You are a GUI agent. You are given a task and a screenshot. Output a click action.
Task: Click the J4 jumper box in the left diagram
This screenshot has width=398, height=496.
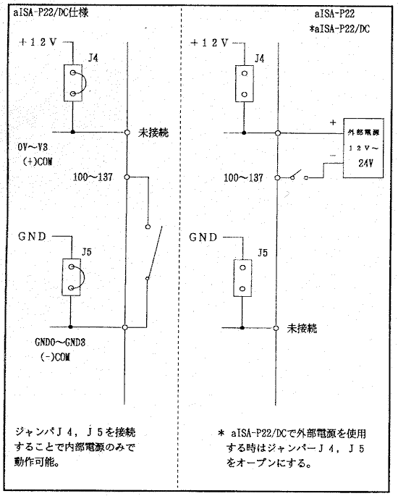(73, 83)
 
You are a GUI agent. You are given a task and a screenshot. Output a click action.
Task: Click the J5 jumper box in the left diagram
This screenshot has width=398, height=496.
(71, 277)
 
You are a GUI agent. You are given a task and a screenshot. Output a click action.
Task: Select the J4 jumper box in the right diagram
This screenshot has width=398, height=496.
(245, 83)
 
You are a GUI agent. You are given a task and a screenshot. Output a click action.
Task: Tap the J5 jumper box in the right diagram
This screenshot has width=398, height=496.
(242, 278)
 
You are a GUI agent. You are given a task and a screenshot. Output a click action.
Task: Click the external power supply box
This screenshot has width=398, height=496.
(363, 148)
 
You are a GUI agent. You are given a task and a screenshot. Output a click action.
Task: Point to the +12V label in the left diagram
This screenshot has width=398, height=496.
(38, 42)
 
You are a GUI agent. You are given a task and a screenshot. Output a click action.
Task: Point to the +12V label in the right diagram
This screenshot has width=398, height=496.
(209, 43)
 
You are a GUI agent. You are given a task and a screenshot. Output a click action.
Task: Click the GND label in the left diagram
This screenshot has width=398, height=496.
(33, 236)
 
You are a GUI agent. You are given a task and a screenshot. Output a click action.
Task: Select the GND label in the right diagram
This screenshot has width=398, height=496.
(203, 237)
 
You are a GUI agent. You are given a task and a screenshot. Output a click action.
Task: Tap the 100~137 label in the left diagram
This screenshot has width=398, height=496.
(93, 177)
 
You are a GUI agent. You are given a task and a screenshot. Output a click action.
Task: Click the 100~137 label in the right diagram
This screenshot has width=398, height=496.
(243, 177)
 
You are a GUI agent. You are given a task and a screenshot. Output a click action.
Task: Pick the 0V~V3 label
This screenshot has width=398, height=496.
(33, 147)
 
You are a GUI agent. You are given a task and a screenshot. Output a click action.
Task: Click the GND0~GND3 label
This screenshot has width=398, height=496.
(60, 342)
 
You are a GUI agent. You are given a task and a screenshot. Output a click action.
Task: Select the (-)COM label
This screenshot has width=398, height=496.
(55, 357)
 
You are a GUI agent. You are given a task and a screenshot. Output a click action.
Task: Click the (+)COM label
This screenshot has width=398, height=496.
(38, 161)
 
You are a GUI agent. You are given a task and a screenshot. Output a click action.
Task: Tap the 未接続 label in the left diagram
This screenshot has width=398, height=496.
(153, 133)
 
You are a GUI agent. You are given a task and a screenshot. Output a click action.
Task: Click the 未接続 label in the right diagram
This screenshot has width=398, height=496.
(302, 329)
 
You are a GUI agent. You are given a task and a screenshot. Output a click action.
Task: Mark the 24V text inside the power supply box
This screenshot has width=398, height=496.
(365, 163)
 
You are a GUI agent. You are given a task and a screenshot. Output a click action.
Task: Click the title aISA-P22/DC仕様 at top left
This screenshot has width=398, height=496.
(51, 12)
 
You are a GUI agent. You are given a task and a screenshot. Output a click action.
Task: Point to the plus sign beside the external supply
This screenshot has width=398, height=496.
(333, 122)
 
